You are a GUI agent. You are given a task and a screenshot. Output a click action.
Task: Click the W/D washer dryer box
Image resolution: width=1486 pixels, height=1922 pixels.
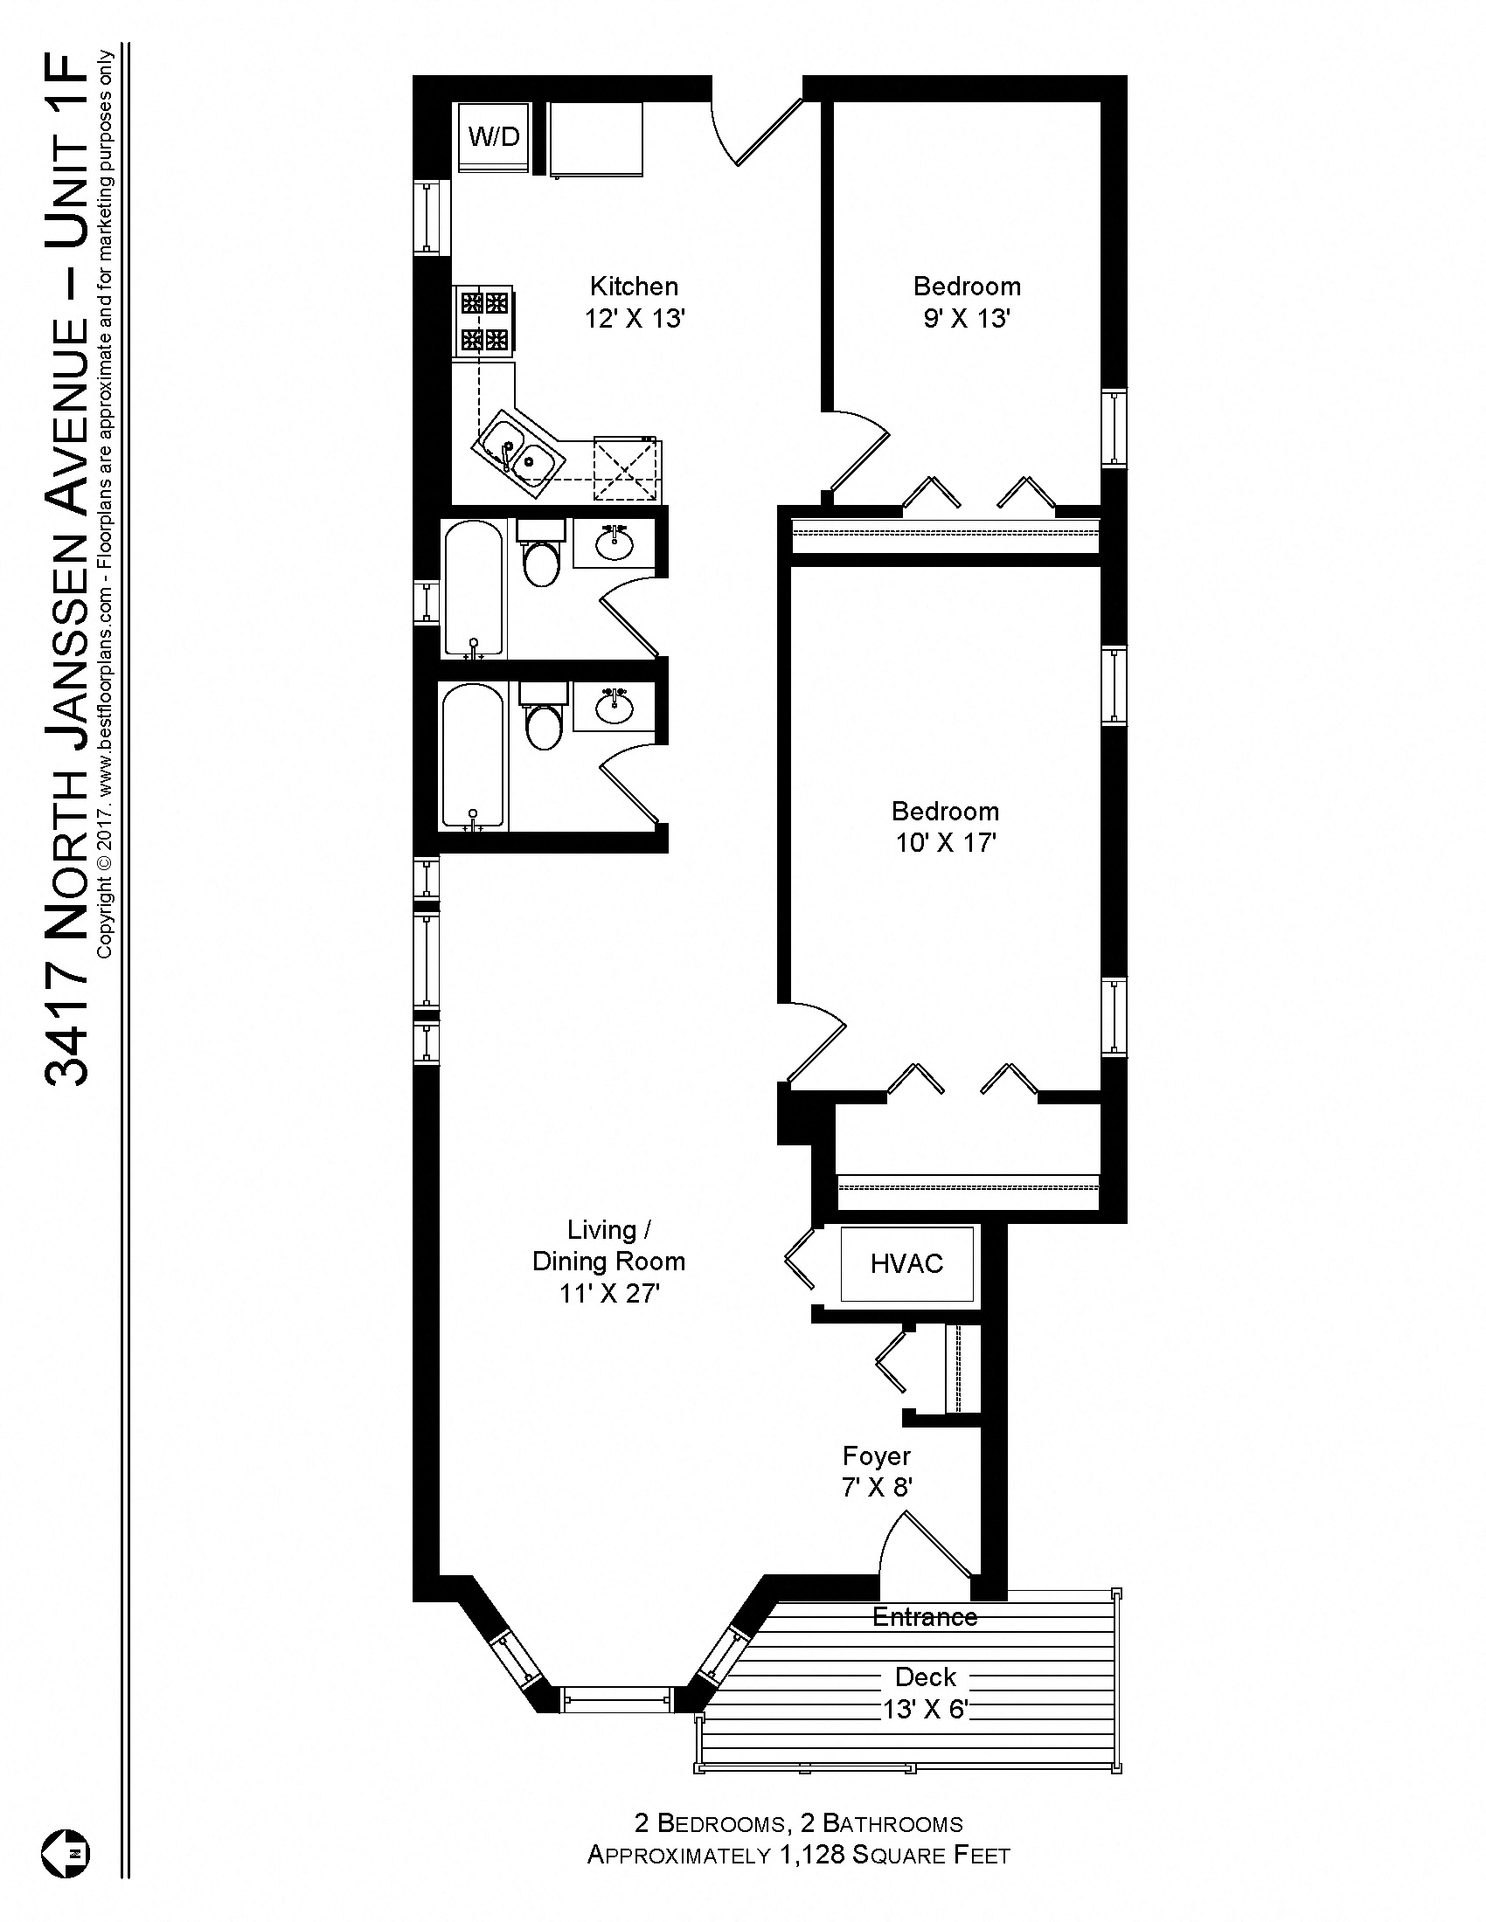click(494, 137)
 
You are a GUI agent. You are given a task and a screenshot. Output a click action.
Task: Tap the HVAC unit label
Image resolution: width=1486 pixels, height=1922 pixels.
click(906, 1264)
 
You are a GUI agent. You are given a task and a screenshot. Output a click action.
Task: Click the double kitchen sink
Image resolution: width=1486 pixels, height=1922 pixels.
click(518, 451)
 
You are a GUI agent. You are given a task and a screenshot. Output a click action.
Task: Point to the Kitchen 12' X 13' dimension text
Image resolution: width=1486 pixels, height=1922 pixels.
click(635, 319)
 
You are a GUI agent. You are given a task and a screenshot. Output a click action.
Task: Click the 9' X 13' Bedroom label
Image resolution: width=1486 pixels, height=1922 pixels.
click(966, 302)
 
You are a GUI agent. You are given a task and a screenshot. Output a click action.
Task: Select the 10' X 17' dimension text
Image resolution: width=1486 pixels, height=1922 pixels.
click(946, 843)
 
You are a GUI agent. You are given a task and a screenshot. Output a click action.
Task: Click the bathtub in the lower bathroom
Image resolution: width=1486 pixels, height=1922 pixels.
click(473, 757)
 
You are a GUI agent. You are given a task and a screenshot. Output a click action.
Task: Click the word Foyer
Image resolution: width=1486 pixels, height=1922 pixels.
click(876, 1455)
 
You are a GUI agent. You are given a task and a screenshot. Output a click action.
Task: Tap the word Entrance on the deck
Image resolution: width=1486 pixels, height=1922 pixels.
click(924, 1616)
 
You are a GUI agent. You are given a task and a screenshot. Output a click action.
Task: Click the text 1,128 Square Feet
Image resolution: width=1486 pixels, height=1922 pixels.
click(894, 1855)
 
